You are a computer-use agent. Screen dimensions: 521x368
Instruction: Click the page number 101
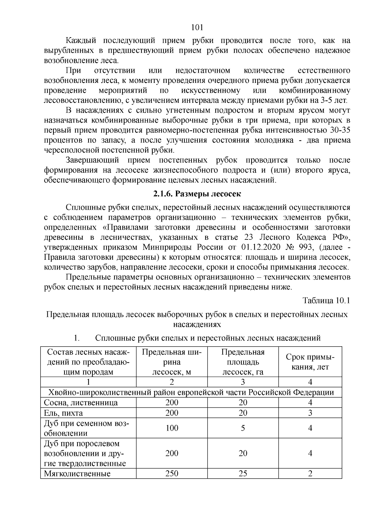point(197,27)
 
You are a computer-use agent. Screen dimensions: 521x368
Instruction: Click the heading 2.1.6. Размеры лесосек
point(197,194)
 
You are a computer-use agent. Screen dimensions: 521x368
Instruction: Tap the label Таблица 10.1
point(326,300)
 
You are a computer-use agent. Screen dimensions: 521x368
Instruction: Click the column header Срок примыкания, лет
point(310,362)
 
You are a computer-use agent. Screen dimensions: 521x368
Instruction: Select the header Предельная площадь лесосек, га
point(243,362)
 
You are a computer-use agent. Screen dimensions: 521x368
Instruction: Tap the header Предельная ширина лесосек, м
point(172,362)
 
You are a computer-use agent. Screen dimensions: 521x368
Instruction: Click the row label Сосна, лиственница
point(81,402)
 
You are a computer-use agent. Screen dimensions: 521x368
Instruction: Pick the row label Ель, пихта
point(63,413)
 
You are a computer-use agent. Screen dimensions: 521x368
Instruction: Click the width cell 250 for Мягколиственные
point(172,473)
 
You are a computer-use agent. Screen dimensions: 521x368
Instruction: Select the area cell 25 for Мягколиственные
point(243,473)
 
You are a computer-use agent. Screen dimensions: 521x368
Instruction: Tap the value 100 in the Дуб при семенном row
point(172,428)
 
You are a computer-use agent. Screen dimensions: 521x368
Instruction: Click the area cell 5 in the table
point(243,428)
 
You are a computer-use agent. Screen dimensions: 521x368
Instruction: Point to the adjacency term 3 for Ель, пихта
point(310,413)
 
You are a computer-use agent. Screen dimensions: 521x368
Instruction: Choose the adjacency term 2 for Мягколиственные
point(310,473)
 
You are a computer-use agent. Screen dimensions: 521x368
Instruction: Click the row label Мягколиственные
point(77,473)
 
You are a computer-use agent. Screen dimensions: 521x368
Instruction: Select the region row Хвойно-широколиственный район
point(191,392)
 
